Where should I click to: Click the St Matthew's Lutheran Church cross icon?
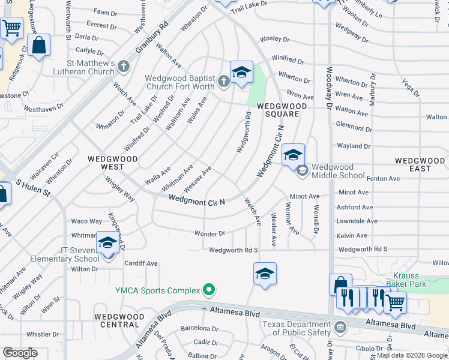pos(124,65)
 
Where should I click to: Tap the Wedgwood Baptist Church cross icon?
pos(223,80)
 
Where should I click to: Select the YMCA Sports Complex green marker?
pos(209,290)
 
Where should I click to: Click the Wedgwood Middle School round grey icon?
pos(302,170)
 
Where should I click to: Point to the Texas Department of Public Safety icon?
pos(340,327)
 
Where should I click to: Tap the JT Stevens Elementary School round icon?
pos(109,254)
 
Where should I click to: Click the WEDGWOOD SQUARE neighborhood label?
pos(282,110)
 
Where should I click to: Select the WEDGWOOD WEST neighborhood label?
pos(112,164)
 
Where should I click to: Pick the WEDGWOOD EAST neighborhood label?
pos(420,164)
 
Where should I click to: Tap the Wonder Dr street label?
pos(209,233)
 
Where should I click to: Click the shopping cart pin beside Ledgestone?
pos(11,28)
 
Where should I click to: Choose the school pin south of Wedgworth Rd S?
pos(265,274)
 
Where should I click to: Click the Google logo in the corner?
pos(20,353)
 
